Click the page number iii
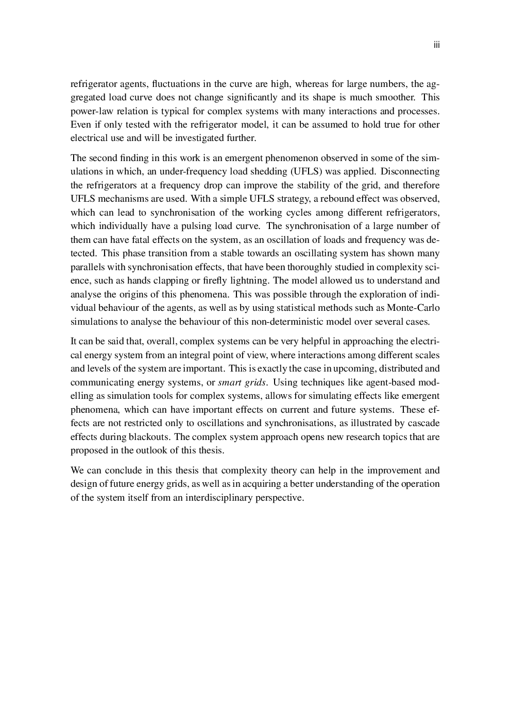[x=436, y=45]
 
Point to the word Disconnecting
[x=410, y=171]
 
